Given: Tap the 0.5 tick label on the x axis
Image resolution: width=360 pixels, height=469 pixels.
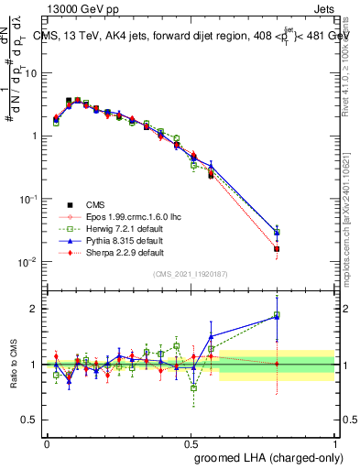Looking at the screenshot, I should point(191,442).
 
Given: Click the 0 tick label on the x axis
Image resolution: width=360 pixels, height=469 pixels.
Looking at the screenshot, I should point(48,442).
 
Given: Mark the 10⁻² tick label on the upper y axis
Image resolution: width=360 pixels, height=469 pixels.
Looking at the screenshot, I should point(31,262).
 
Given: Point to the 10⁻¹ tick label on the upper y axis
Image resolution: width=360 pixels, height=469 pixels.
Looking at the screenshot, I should point(31,199).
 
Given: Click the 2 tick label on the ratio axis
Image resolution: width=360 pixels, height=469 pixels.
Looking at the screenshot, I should point(38,309).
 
